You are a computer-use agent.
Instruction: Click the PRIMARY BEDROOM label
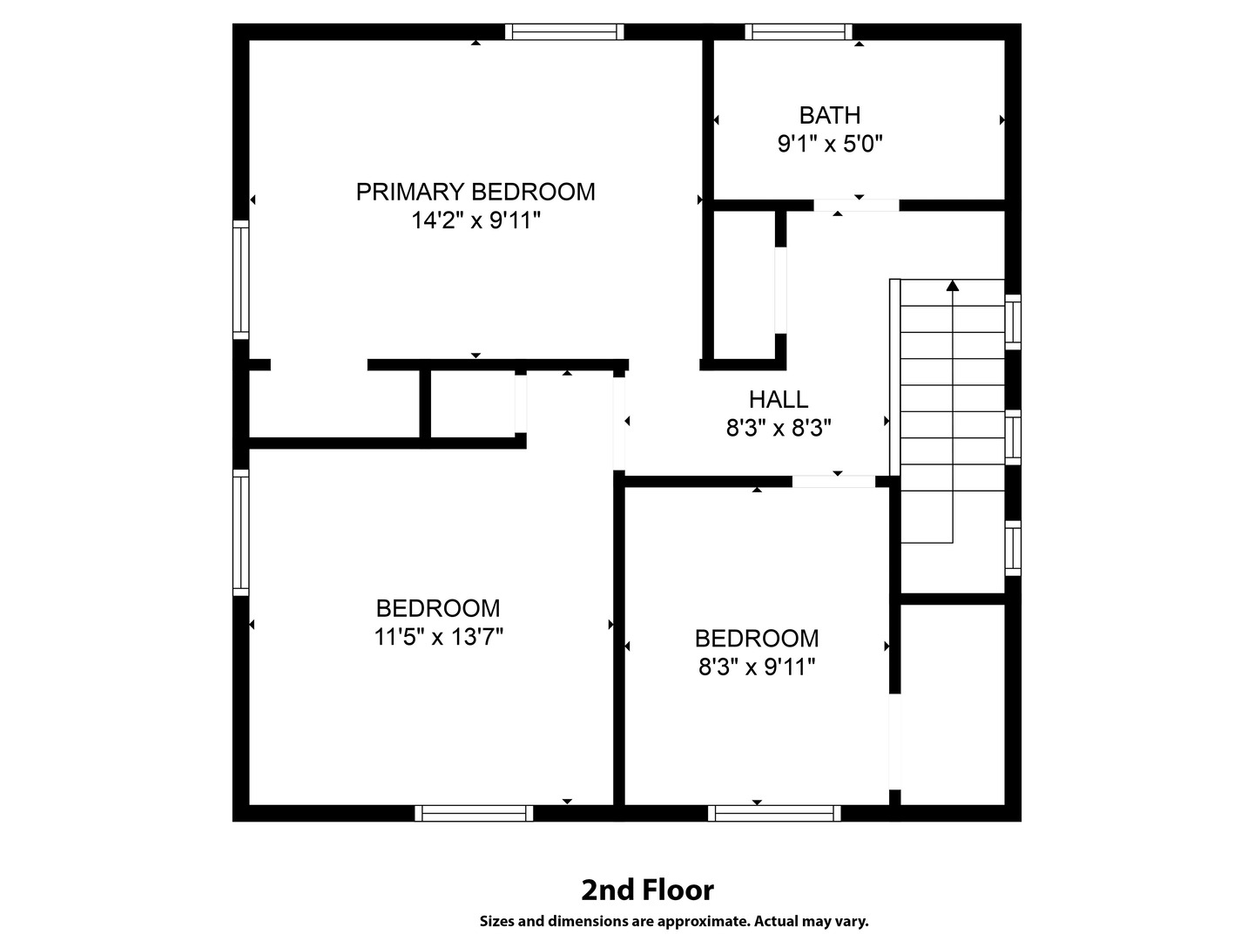pos(475,192)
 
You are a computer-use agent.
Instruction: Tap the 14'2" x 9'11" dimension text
pos(475,220)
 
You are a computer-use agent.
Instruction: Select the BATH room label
pos(830,115)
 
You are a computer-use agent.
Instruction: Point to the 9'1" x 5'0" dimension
pos(830,144)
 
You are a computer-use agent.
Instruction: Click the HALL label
pos(779,399)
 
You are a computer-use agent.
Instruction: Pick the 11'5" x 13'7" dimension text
pos(438,637)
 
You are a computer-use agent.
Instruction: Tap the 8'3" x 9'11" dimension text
pos(757,667)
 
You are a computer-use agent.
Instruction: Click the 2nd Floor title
pos(647,890)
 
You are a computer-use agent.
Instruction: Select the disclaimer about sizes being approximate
pos(673,921)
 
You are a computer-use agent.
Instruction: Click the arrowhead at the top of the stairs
pos(953,285)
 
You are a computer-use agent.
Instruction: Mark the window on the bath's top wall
pos(799,32)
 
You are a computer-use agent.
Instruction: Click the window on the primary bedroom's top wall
pos(564,32)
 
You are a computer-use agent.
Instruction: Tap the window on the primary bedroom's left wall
pos(241,279)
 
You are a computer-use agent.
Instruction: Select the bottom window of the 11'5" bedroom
pos(474,813)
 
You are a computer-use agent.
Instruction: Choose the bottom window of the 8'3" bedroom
pos(774,813)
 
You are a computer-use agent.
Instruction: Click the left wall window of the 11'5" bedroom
pos(241,532)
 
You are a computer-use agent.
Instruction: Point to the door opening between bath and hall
pos(856,206)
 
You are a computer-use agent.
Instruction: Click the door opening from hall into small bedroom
pos(833,481)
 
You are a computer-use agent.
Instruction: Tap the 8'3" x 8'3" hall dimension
pos(779,428)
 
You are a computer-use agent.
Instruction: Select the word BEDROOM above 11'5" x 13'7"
pos(438,608)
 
